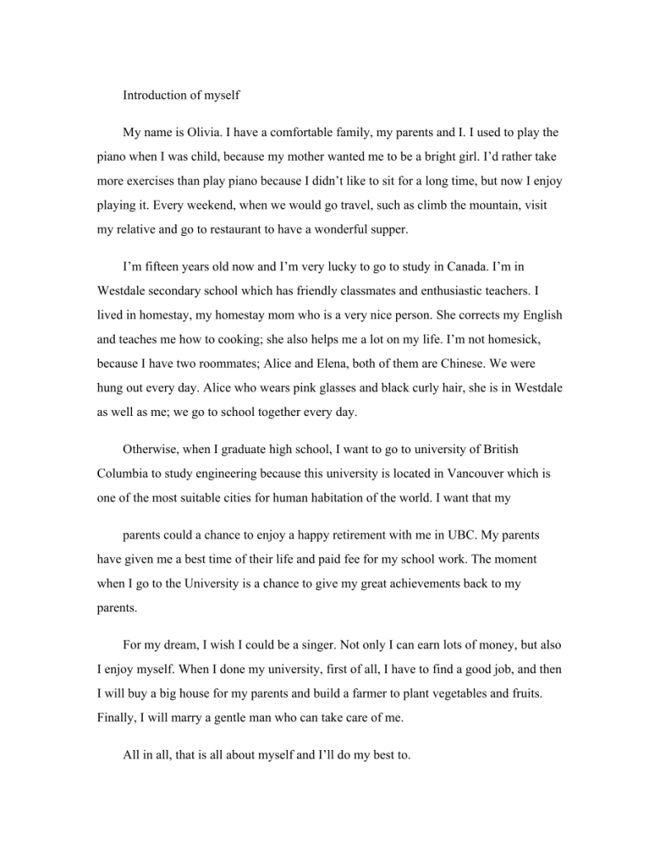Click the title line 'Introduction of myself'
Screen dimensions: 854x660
(x=181, y=95)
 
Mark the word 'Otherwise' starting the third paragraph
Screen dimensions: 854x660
(x=149, y=450)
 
